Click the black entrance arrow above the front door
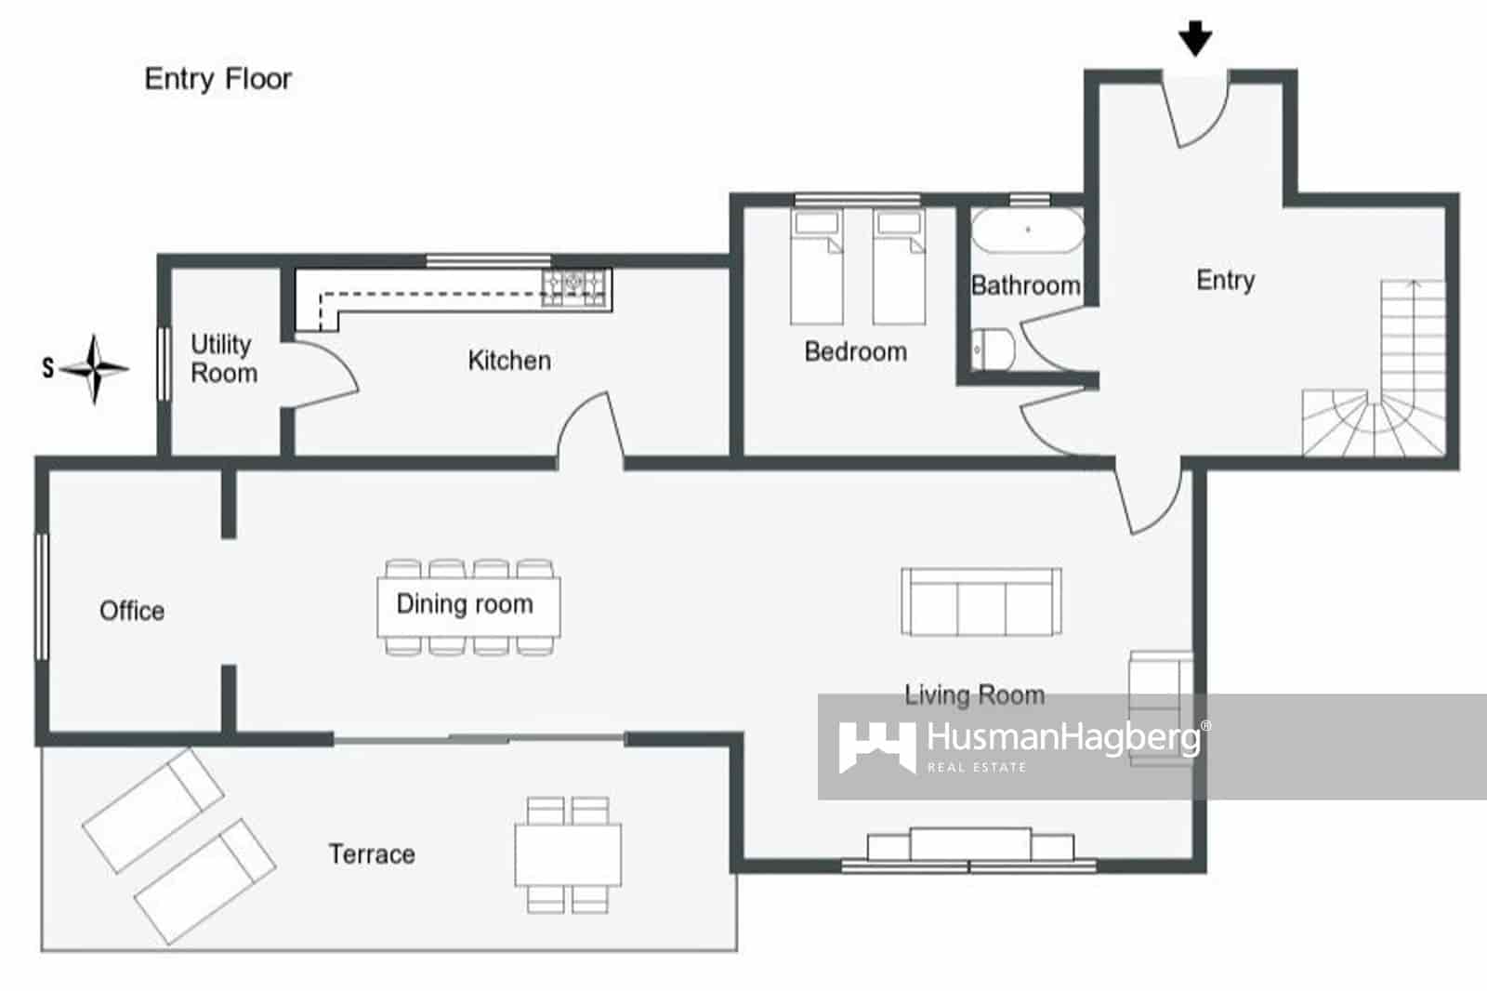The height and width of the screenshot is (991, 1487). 1195,40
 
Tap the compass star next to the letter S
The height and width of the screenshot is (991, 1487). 95,369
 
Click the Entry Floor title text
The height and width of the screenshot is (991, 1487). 218,79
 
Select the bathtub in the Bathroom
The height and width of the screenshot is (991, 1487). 1027,230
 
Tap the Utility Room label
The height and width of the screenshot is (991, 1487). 223,359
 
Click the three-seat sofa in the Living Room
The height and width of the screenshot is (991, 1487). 981,602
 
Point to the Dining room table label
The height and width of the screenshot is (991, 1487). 465,604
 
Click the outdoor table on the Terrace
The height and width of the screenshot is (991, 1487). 568,854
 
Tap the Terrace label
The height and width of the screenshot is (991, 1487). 372,854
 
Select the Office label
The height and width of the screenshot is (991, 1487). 132,611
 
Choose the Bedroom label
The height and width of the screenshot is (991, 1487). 855,352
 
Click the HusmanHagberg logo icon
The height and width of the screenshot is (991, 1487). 875,747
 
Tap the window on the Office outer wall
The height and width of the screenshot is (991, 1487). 42,596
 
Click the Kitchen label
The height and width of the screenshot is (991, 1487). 509,361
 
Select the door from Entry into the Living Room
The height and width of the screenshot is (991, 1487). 1152,497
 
